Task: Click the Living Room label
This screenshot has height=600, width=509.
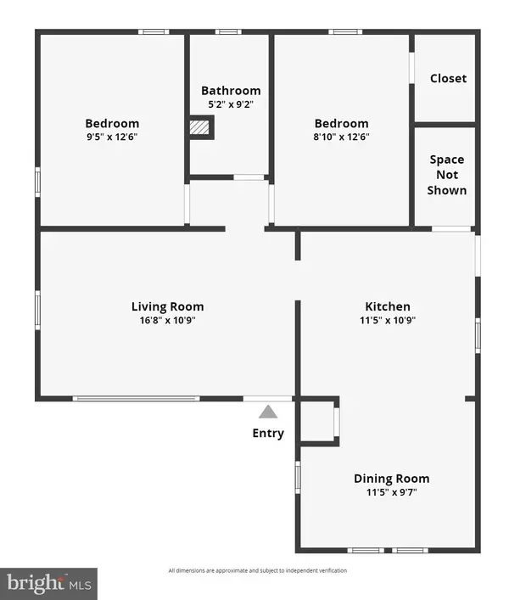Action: pos(167,306)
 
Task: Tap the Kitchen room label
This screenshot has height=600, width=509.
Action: pos(388,306)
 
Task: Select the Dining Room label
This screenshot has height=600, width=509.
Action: pos(391,479)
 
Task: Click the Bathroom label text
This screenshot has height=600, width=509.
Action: pos(231,91)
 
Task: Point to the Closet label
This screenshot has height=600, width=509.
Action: pos(448,78)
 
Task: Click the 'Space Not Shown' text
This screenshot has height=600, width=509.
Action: pos(447,175)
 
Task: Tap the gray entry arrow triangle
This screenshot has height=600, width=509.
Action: pos(268,412)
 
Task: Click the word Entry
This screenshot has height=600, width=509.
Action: pos(268,434)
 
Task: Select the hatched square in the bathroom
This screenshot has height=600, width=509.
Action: pos(199,127)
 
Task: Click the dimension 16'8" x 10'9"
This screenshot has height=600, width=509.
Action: pos(167,320)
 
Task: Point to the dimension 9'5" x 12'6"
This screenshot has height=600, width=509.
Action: pos(112,137)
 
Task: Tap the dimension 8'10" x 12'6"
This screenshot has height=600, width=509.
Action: pos(342,137)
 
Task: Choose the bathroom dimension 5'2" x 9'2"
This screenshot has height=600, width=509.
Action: pos(231,104)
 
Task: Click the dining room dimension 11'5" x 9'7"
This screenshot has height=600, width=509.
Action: pos(391,492)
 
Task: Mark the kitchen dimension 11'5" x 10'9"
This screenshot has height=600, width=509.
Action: pos(388,320)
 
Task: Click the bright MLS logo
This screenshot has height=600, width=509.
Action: pos(48,583)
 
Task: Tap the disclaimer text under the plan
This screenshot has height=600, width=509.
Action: pos(257,570)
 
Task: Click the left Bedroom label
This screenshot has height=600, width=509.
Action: pos(112,123)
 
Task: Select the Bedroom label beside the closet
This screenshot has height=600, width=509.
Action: pos(342,123)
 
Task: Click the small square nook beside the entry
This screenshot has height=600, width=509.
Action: pos(318,420)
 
